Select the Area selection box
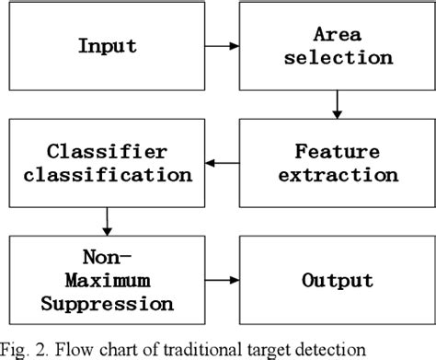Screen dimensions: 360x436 [x=336, y=44]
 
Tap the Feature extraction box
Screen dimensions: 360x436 [x=337, y=162]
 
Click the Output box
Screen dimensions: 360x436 [x=336, y=279]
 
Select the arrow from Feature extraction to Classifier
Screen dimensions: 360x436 [x=219, y=162]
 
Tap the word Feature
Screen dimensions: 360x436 [x=337, y=150]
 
